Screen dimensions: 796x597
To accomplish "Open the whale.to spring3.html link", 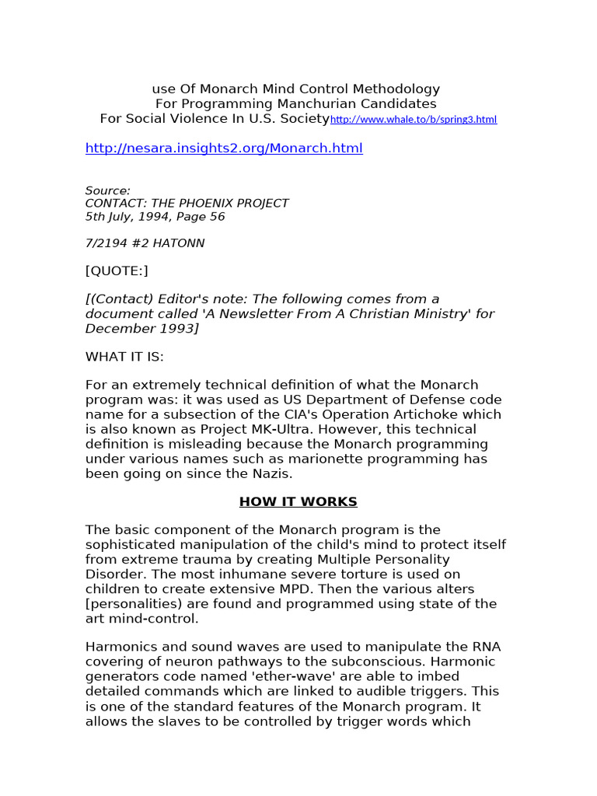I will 413,120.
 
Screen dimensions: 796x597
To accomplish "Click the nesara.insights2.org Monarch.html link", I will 224,148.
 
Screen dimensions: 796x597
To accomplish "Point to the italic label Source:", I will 107,190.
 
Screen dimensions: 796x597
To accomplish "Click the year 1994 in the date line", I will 141,218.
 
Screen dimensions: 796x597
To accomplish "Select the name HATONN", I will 180,244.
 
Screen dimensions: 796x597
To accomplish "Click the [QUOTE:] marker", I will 116,271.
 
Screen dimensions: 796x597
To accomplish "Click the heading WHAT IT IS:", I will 124,356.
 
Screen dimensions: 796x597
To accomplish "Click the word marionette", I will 303,459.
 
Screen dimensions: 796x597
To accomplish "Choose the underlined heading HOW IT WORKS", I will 298,502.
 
